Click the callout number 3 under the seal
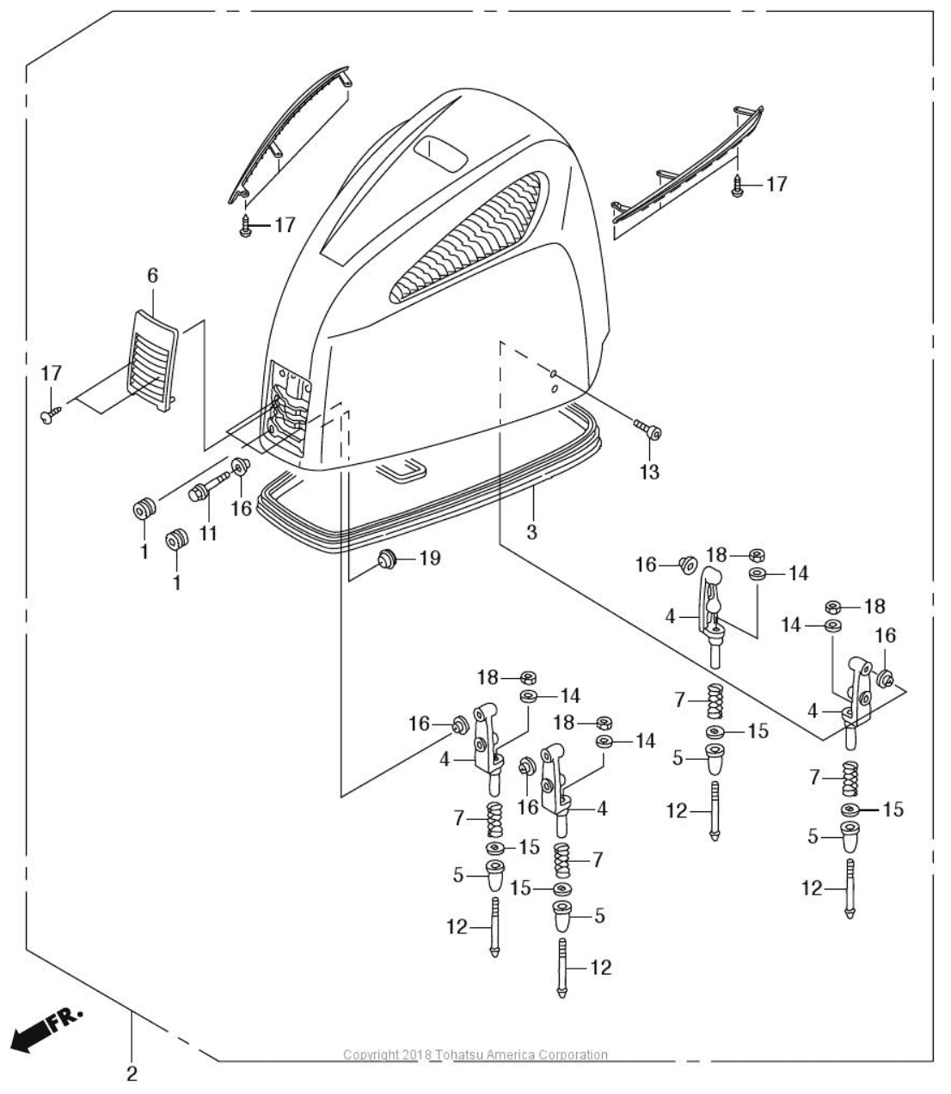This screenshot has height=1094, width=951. [531, 532]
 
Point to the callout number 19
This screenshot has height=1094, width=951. [429, 559]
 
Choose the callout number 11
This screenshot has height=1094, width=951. [207, 533]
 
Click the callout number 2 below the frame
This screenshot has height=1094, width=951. [132, 1073]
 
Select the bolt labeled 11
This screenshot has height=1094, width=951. [206, 487]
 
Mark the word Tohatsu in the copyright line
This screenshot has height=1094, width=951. [464, 1054]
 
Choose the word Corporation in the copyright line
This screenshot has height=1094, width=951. [575, 1054]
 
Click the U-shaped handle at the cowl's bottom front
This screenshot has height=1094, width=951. [400, 469]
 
